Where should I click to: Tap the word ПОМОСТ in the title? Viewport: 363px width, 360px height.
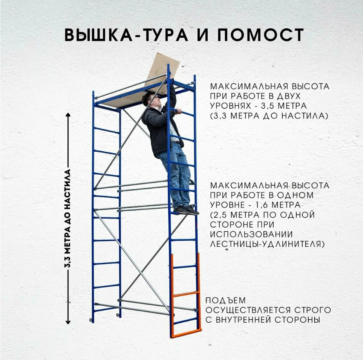[x=260, y=35]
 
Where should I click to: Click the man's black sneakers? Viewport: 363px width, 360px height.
[x=186, y=210]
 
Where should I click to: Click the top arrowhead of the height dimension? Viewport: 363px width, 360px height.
[x=68, y=115]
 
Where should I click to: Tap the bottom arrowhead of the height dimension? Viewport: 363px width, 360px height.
[x=68, y=322]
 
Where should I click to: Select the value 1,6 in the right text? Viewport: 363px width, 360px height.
[x=261, y=205]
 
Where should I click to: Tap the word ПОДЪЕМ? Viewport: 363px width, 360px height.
[x=225, y=300]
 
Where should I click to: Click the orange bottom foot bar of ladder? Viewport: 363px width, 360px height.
[x=186, y=333]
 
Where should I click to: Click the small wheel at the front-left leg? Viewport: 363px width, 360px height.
[x=90, y=320]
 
